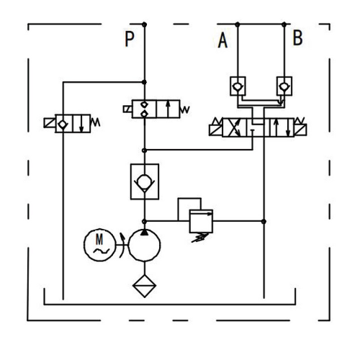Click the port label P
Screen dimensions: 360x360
point(130,39)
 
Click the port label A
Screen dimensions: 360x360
point(222,40)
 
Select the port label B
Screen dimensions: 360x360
point(298,37)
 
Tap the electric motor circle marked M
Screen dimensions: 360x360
point(99,245)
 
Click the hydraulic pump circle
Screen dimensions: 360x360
point(144,246)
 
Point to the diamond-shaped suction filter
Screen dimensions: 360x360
point(145,286)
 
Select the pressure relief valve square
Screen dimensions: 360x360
point(201,221)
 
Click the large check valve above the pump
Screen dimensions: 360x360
point(145,181)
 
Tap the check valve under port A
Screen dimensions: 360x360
point(238,86)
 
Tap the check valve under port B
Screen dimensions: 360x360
point(284,86)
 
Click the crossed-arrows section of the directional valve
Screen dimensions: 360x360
point(235,127)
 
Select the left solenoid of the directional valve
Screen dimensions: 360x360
point(216,130)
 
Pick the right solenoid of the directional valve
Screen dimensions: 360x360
point(300,130)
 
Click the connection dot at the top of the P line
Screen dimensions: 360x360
point(144,24)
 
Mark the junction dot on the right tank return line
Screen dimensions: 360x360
point(264,221)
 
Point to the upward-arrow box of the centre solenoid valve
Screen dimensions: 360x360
point(168,109)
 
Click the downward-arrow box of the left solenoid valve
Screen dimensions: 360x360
point(81,123)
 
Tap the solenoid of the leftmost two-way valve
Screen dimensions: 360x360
point(50,123)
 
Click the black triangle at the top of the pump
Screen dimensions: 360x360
point(144,233)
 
